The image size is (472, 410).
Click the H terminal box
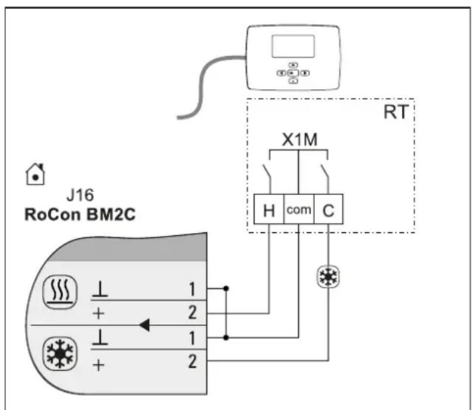click(268, 209)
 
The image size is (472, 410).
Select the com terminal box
click(299, 209)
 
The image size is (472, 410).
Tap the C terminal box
click(328, 209)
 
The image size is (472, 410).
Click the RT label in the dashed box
click(396, 112)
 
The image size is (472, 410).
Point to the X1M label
click(299, 139)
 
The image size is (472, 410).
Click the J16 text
click(80, 195)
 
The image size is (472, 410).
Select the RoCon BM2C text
click(80, 215)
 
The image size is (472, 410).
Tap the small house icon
click(35, 174)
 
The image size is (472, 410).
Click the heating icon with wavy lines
click(60, 292)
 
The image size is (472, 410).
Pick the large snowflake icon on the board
click(60, 354)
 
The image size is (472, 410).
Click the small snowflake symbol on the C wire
click(328, 277)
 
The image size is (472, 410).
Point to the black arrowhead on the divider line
click(145, 325)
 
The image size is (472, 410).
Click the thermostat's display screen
click(294, 46)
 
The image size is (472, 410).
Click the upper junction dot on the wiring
click(226, 288)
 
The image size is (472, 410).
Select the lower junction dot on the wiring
click(226, 338)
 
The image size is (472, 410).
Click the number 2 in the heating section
click(192, 312)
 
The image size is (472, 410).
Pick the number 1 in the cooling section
click(192, 338)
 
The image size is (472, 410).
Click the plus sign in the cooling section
click(98, 366)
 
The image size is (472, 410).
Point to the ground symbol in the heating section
click(100, 289)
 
